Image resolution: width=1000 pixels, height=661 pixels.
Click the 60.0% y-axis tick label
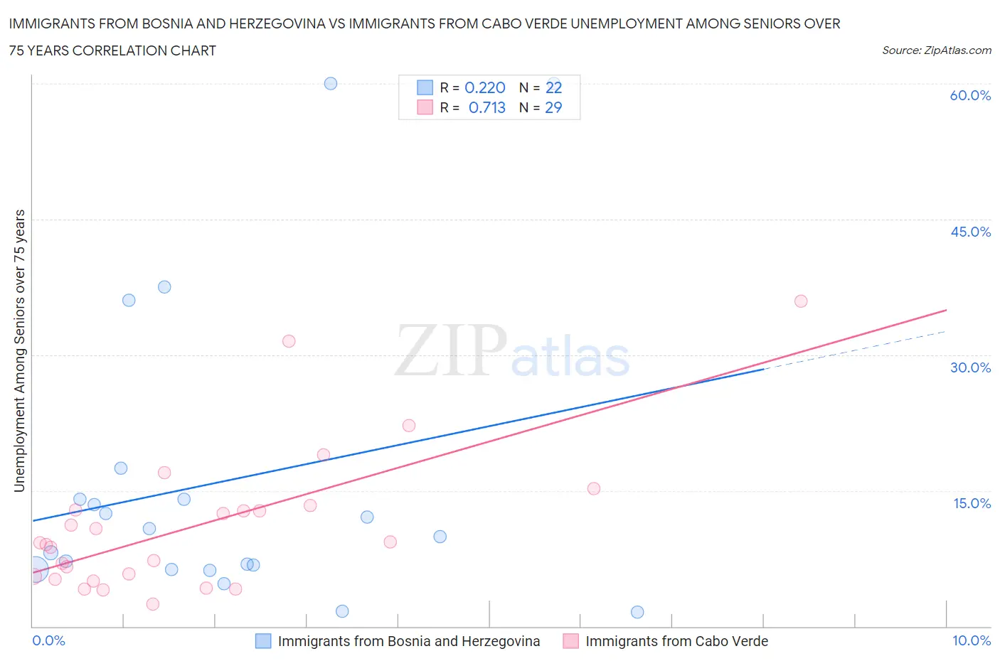click(x=970, y=95)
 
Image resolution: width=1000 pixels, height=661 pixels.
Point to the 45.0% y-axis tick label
click(x=970, y=232)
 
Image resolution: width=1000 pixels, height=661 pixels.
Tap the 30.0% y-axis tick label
click(x=970, y=367)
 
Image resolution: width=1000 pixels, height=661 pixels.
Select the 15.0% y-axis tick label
click(x=972, y=503)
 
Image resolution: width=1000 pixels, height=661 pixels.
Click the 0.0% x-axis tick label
click(x=48, y=640)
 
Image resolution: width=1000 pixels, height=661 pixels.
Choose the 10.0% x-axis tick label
click(x=971, y=640)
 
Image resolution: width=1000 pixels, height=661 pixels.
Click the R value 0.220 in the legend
click(x=484, y=87)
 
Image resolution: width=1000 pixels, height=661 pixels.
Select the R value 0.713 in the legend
click(x=486, y=107)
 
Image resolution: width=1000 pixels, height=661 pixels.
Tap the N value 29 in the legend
click(x=553, y=107)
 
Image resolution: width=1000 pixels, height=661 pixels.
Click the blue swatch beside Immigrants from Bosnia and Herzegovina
click(x=263, y=641)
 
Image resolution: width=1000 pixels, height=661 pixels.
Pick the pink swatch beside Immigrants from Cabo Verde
click(x=570, y=641)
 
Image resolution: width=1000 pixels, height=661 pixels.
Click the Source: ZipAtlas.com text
click(x=936, y=50)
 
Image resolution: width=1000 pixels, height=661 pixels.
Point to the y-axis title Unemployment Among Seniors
click(x=19, y=350)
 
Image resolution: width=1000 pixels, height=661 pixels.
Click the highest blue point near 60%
click(x=331, y=83)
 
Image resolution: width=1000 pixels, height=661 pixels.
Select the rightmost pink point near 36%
click(x=801, y=301)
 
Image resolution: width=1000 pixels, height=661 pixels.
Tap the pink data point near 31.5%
click(x=289, y=341)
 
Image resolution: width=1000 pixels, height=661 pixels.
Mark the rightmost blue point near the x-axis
click(x=637, y=612)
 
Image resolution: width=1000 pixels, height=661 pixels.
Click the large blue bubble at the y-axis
click(x=35, y=569)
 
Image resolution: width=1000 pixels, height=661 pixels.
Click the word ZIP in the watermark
click(x=450, y=350)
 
